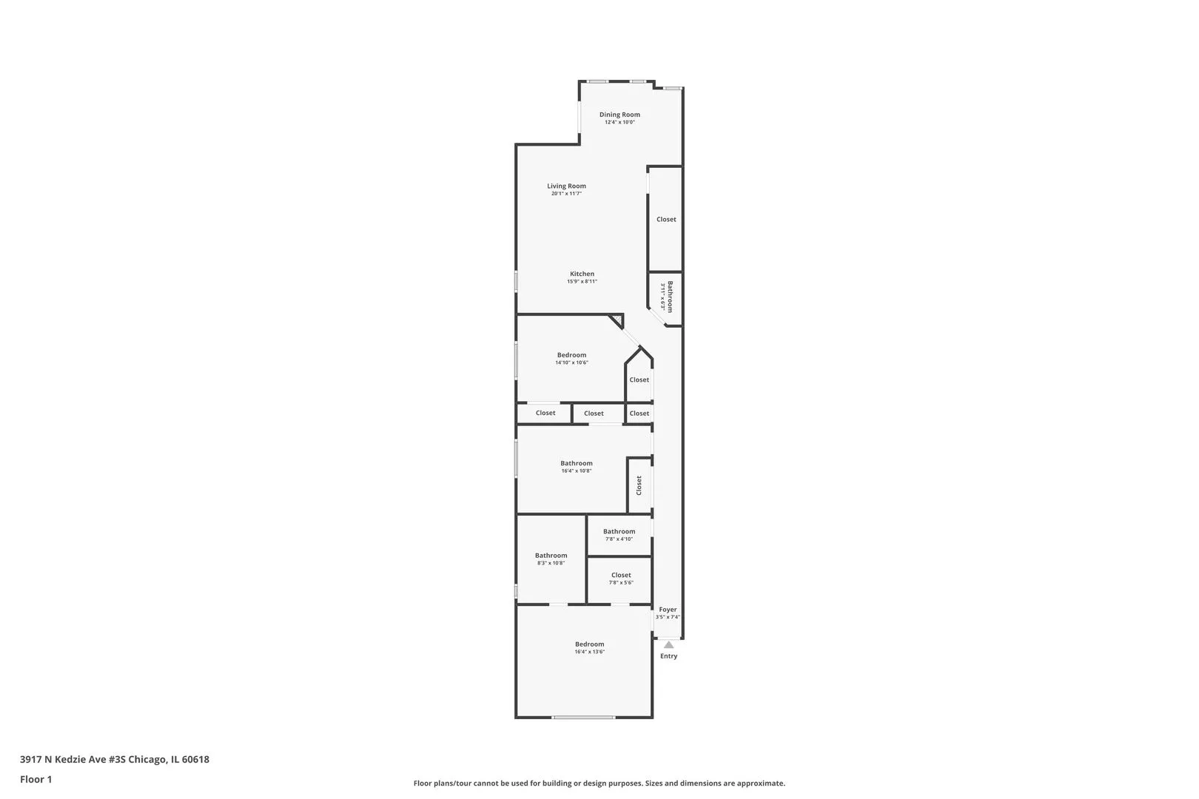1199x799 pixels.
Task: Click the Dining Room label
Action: (x=619, y=115)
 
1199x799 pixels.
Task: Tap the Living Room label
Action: (x=566, y=186)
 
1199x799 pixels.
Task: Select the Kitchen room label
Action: (x=582, y=274)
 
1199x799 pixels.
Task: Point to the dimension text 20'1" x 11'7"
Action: (x=566, y=194)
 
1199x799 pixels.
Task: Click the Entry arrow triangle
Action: (x=668, y=645)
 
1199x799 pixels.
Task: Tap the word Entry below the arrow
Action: (x=668, y=656)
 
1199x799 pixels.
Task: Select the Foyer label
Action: (x=668, y=610)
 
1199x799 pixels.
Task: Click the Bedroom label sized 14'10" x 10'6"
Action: (x=571, y=355)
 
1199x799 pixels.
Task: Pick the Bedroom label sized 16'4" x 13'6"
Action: (x=589, y=644)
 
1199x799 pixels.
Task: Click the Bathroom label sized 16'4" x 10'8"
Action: (x=576, y=463)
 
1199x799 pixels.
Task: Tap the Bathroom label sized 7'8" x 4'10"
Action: (x=619, y=531)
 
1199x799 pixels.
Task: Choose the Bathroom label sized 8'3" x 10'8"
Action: (x=551, y=556)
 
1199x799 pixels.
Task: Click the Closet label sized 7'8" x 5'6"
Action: (x=621, y=575)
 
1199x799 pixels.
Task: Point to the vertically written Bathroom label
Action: (x=671, y=296)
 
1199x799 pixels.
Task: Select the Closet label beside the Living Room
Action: (x=666, y=220)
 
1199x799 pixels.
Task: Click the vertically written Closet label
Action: (x=639, y=485)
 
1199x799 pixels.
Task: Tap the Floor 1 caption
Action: (x=36, y=779)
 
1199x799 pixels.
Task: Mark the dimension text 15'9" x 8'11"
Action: (x=582, y=282)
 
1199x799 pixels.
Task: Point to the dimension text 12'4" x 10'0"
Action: (x=619, y=122)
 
